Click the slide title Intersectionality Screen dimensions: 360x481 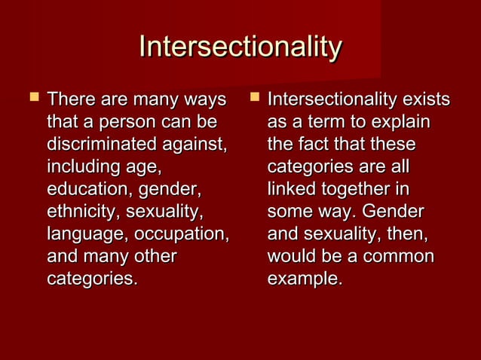(x=240, y=47)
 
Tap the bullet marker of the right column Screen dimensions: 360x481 (x=253, y=98)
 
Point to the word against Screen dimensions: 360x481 (x=193, y=144)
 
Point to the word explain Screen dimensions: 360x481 (x=403, y=121)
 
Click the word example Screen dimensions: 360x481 (x=304, y=279)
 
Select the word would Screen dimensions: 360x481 (x=290, y=257)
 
